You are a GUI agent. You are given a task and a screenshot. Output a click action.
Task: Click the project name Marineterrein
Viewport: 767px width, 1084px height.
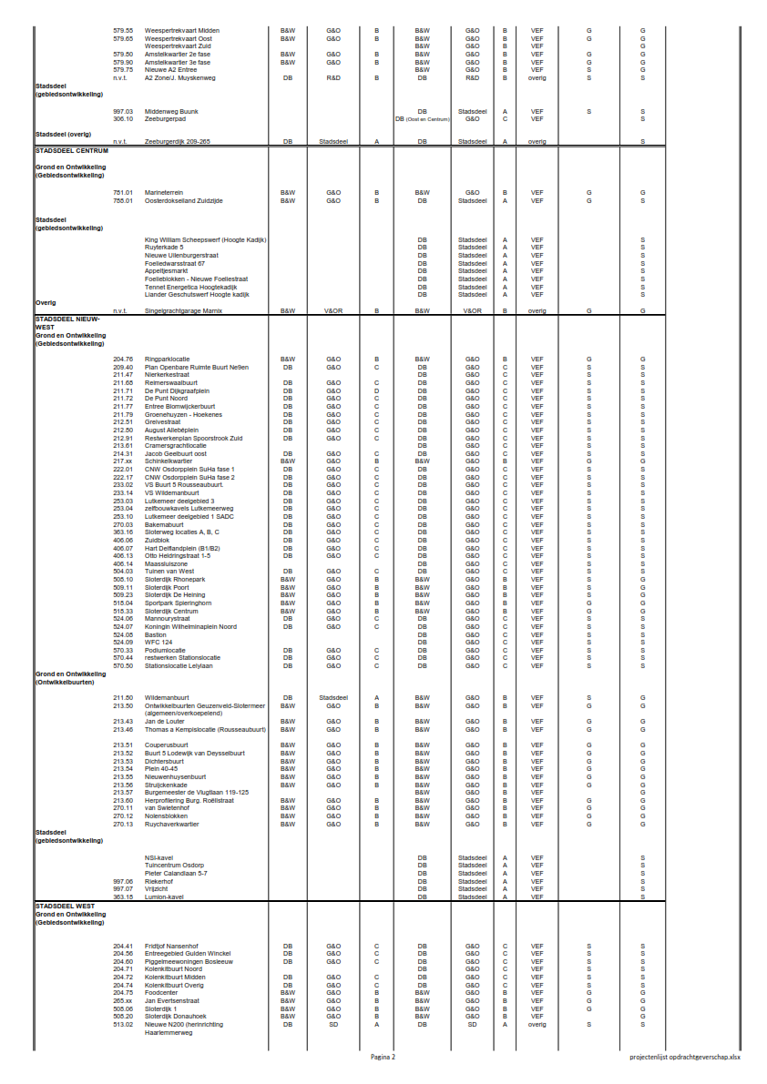pos(164,192)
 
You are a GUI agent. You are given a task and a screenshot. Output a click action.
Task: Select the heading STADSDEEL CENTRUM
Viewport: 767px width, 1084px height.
pos(72,150)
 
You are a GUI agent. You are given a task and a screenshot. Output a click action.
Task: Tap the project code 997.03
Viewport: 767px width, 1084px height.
pos(123,111)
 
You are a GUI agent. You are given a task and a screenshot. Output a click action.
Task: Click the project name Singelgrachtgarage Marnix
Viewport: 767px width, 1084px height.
pos(183,310)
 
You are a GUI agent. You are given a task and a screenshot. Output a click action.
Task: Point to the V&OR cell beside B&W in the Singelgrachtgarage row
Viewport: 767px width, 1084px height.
pos(333,310)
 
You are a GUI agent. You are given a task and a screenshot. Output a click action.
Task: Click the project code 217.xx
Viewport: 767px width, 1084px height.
pos(123,461)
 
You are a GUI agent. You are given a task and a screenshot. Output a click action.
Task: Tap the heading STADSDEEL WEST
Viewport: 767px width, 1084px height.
pos(66,907)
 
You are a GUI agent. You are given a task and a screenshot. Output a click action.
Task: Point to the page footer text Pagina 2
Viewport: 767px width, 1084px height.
pos(383,1057)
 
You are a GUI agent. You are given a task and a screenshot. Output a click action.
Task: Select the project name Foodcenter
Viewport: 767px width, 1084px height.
pos(161,992)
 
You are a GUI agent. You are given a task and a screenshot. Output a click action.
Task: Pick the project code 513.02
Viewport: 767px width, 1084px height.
pos(123,1024)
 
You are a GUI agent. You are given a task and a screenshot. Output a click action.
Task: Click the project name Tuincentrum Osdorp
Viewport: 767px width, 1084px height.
pos(174,865)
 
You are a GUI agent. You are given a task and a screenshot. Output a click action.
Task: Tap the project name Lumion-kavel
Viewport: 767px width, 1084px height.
pos(164,897)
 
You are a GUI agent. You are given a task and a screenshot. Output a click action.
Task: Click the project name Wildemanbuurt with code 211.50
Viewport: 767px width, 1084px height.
pos(168,698)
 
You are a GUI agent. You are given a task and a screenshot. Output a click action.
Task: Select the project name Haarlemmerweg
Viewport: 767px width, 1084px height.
pos(168,1032)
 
